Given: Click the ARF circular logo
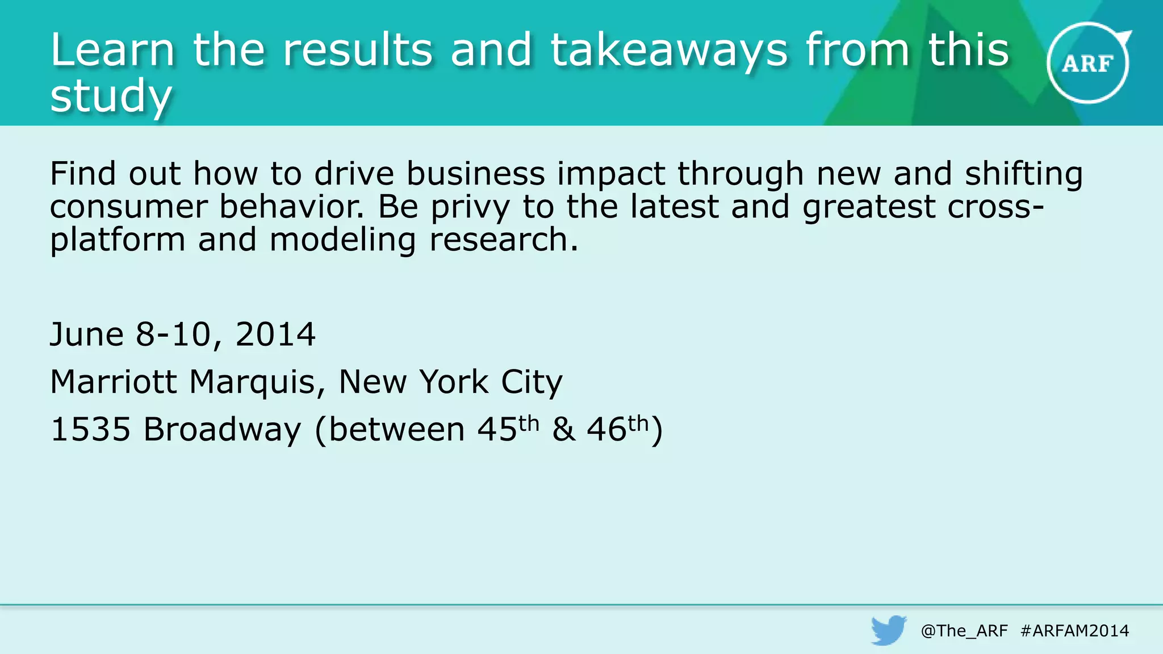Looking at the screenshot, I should pos(1088,63).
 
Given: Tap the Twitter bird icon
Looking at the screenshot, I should pos(889,630).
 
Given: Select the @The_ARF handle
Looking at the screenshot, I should pos(964,631).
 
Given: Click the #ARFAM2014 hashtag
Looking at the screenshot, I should pos(1074,631).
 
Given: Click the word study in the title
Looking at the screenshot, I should pos(111,97).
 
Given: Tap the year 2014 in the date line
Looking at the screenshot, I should pos(275,334).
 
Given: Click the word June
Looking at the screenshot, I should pos(86,334).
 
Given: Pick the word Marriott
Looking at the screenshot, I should pos(114,381).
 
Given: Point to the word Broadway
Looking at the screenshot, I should pos(222,429).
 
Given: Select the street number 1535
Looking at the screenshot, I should pos(90,429).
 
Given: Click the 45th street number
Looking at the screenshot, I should pos(507,428).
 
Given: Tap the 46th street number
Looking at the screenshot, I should pos(617,428).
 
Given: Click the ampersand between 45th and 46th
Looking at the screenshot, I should pos(563,429).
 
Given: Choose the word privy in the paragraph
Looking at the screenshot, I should pos(470,208).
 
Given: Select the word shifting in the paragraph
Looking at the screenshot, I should pos(1023,174).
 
